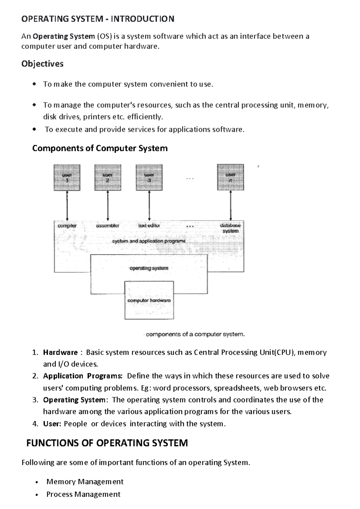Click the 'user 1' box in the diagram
click(x=67, y=177)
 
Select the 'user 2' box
click(x=108, y=177)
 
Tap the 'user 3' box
click(x=149, y=177)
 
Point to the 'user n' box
click(x=230, y=177)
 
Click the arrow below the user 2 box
click(x=108, y=206)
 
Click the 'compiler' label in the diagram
click(x=67, y=226)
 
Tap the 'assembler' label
click(x=107, y=226)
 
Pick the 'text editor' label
click(x=149, y=226)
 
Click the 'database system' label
click(x=230, y=228)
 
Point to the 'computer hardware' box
click(x=149, y=300)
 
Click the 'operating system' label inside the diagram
click(x=149, y=268)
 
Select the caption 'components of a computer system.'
click(x=195, y=334)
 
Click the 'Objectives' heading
click(x=42, y=64)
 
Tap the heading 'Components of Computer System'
click(x=100, y=148)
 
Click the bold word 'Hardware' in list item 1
click(x=60, y=352)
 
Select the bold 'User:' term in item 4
click(x=52, y=424)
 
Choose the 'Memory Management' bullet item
click(x=85, y=481)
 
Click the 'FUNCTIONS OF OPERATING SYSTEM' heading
click(x=107, y=443)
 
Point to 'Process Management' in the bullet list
click(x=83, y=494)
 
